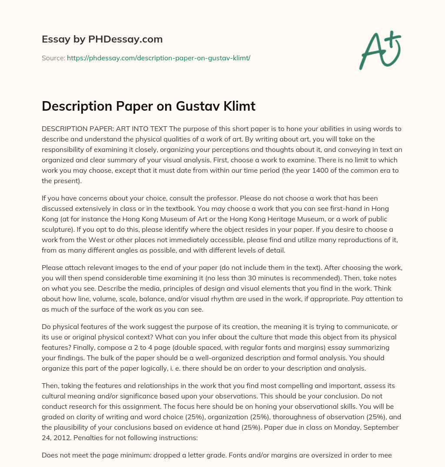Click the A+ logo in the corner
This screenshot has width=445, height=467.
[x=380, y=50]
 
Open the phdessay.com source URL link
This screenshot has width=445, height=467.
[x=158, y=58]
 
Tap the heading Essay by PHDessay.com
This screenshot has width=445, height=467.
[x=102, y=39]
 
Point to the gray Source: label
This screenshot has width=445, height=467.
[x=53, y=58]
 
